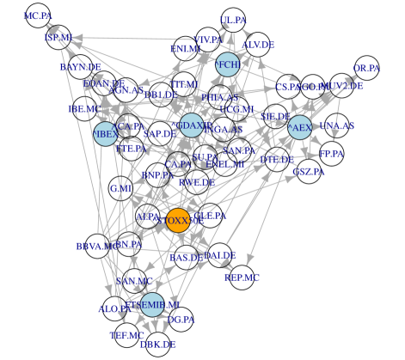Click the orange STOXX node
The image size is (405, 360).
[x=178, y=220]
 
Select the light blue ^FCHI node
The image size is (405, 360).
[x=228, y=64]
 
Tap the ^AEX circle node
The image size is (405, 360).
[x=299, y=128]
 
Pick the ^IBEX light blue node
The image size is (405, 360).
[x=105, y=134]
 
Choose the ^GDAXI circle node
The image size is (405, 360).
[x=191, y=125]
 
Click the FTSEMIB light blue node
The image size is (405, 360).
[x=152, y=304]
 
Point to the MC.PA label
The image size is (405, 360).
[x=38, y=16]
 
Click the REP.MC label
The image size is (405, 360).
[x=242, y=278]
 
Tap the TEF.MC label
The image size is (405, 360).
[x=127, y=335]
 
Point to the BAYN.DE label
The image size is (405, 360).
[x=81, y=66]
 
